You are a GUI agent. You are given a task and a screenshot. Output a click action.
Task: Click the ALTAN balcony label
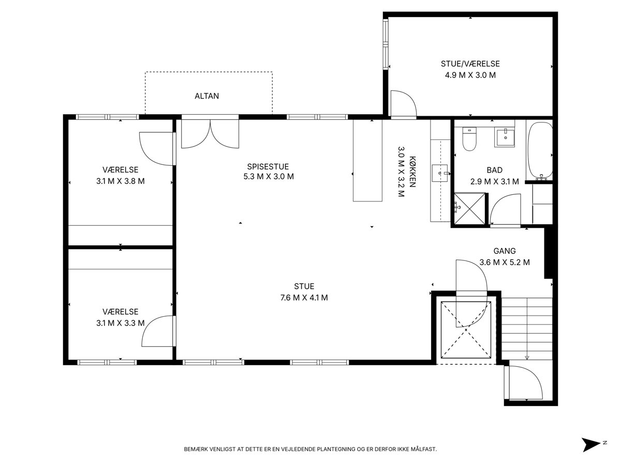click(206, 96)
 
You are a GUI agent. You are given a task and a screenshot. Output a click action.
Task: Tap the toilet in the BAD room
click(469, 138)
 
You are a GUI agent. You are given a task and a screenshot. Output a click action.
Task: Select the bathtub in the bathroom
click(540, 151)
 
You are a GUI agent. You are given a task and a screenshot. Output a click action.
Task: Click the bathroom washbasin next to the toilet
click(505, 137)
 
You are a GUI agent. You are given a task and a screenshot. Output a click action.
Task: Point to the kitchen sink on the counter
click(440, 173)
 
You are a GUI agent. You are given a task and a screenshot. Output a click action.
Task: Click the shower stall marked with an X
click(469, 209)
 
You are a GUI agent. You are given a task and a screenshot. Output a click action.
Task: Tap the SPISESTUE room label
click(268, 166)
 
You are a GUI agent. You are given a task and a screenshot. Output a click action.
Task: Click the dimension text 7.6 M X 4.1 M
click(304, 298)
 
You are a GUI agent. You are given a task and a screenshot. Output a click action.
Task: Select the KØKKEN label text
click(412, 172)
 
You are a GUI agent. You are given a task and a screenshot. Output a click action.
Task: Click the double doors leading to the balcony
click(210, 133)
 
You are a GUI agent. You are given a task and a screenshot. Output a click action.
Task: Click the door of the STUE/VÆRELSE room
click(404, 103)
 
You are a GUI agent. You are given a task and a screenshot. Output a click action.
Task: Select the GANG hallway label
click(505, 251)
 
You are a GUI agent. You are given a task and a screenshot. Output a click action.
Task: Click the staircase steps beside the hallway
click(527, 329)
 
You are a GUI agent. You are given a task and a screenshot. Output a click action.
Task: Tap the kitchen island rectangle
click(367, 160)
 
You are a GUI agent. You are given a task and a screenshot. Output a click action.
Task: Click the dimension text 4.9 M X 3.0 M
click(470, 75)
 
